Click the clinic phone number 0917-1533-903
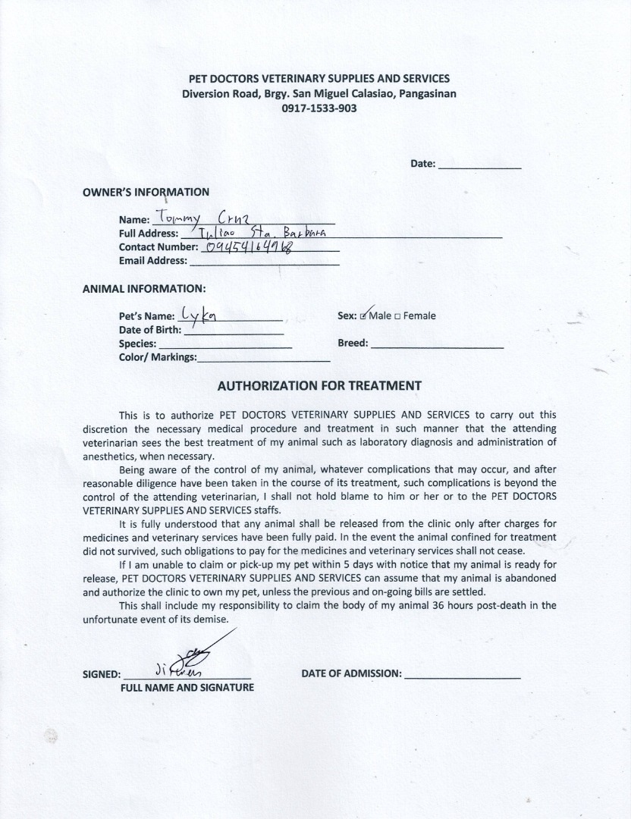click(x=319, y=108)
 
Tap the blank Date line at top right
click(x=479, y=164)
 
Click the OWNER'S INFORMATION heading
click(x=146, y=192)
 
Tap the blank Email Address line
click(x=264, y=262)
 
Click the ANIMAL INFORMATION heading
click(x=143, y=288)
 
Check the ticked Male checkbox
click(x=364, y=315)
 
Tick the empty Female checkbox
click(x=398, y=316)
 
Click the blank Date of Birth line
click(x=234, y=331)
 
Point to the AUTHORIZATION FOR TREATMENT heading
click(x=319, y=385)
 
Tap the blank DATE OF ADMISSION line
click(x=463, y=673)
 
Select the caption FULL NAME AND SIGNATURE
click(x=187, y=688)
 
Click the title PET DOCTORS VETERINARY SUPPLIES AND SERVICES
click(x=319, y=78)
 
